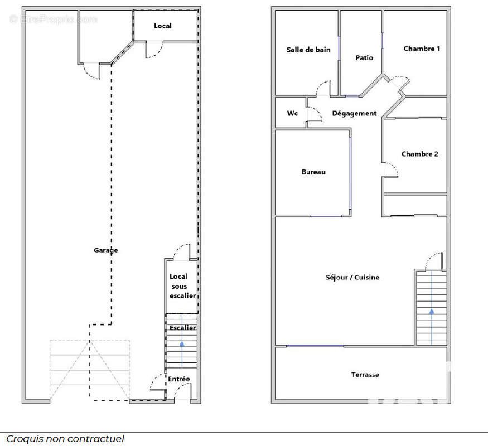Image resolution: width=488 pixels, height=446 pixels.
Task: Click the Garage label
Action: pos(105,250)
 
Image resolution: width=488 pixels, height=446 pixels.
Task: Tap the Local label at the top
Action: pos(163,26)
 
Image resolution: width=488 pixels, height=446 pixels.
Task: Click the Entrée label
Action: pos(178,379)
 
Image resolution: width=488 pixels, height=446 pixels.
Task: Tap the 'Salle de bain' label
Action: pos(308,50)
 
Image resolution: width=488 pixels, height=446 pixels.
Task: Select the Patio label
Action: pos(364,57)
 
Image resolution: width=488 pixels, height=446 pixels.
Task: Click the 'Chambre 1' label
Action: pos(422,49)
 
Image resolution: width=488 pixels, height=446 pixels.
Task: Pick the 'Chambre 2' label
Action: pos(419,154)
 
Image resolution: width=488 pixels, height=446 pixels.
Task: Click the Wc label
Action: pos(292,113)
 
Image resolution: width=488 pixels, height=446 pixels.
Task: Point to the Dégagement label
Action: pos(354,113)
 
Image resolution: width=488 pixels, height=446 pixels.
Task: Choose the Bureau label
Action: pos(313,172)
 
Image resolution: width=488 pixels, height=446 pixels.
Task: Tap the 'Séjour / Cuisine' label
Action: pos(353,277)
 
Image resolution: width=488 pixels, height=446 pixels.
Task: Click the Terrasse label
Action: pos(365,375)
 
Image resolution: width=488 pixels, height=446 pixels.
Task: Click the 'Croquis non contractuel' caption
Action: pos(65,439)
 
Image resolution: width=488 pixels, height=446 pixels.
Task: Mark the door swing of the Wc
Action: pos(316,114)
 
